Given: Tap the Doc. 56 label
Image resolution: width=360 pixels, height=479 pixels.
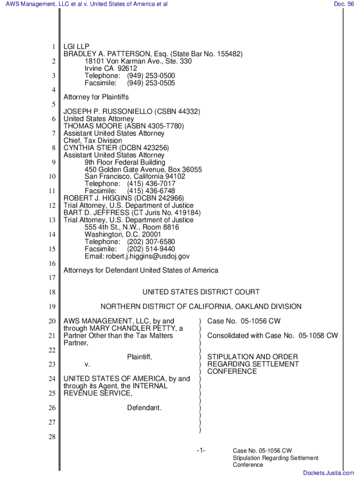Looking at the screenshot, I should coord(344,4).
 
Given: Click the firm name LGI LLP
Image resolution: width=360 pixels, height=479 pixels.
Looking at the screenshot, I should coord(76,47).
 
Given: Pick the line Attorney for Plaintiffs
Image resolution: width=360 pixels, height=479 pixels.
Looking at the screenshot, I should coord(96,97).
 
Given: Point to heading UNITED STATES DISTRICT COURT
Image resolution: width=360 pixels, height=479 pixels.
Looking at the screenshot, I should coord(201,292).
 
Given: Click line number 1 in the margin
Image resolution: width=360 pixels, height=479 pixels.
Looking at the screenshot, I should coord(54,47).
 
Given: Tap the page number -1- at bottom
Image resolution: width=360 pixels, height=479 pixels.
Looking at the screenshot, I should coord(201,450).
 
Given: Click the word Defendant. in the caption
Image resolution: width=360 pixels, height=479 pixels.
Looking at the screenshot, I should coord(144,408).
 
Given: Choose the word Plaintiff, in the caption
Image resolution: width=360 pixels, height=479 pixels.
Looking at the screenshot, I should coord(140,357).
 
